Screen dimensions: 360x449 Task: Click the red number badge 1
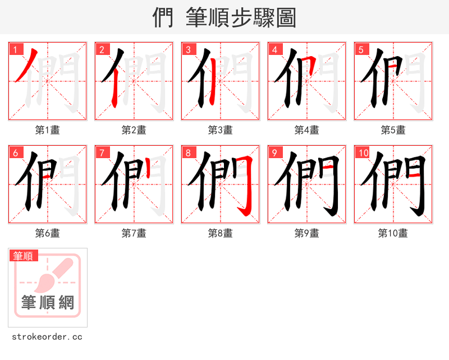point(16,49)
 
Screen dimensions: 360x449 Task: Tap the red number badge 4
point(275,49)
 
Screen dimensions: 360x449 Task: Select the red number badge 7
point(102,153)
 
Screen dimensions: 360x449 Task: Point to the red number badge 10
point(363,153)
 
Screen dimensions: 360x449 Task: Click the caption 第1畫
point(48,130)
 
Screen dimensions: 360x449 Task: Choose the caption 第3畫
point(221,130)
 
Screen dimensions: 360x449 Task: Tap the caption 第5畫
point(393,130)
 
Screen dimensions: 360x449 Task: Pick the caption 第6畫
point(48,233)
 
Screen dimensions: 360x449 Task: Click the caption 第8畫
point(221,233)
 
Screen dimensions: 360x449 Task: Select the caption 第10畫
point(393,233)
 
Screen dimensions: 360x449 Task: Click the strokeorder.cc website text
point(47,337)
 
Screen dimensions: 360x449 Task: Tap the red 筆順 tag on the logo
point(24,256)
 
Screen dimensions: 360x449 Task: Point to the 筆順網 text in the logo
point(48,303)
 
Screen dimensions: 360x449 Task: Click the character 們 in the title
point(163,18)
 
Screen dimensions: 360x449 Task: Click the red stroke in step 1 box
point(28,64)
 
